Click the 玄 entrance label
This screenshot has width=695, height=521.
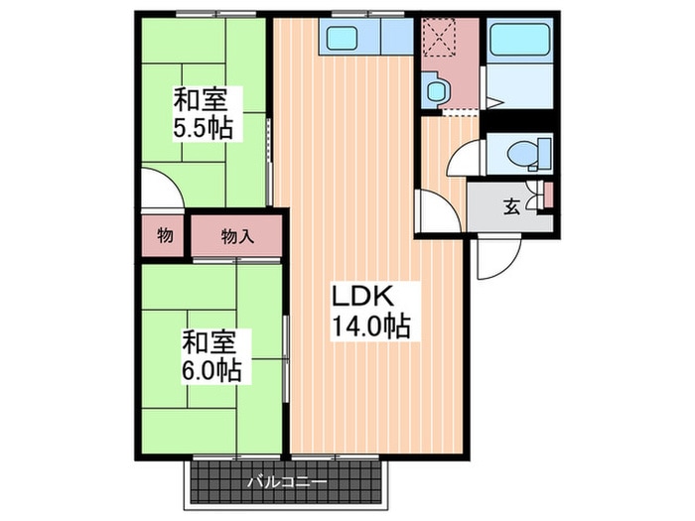coord(511,207)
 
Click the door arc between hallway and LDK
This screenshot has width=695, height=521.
coord(435,210)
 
